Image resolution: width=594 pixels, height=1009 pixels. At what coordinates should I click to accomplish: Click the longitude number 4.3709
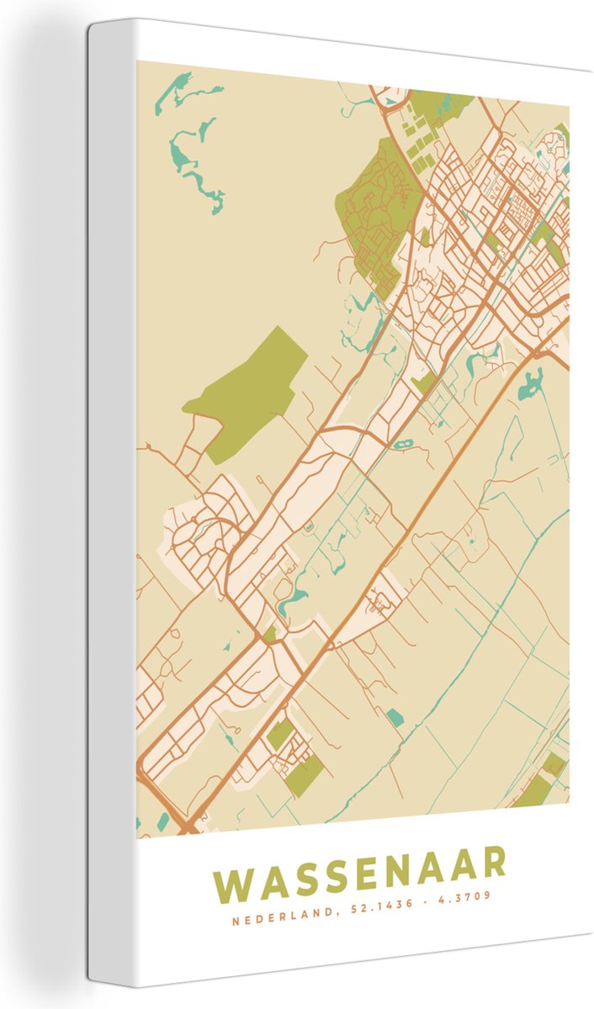[462, 897]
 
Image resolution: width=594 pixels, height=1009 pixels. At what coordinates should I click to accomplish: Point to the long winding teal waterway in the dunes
[198, 164]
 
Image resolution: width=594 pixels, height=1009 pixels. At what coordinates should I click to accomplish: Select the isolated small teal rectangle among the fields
[395, 717]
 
